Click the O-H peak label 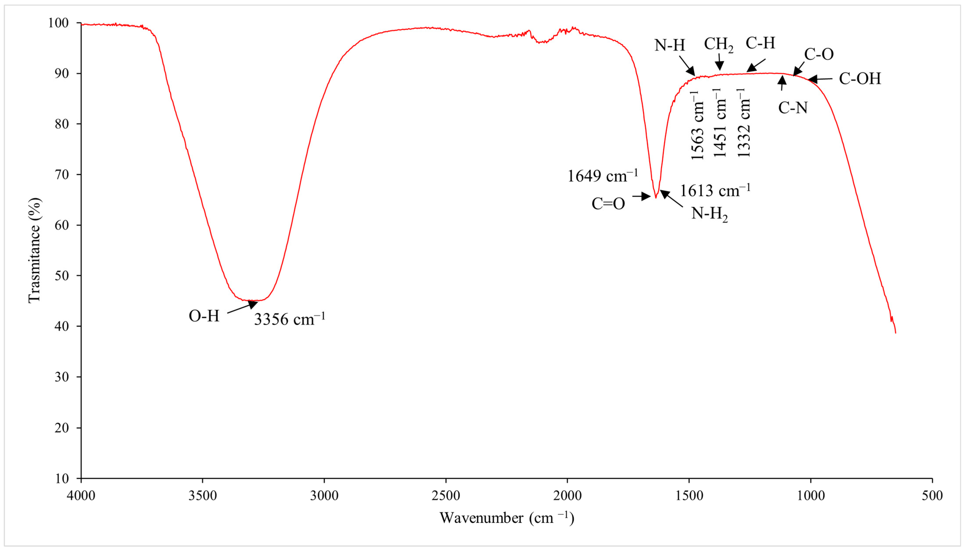point(204,316)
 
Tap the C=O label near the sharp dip point(608,204)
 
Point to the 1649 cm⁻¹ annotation point(602,176)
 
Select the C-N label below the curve point(793,108)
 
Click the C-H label point(760,43)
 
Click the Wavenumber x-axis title point(507,518)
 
